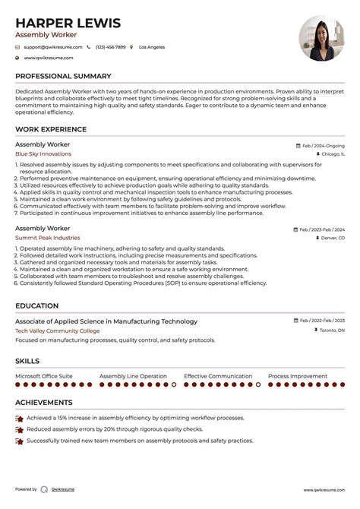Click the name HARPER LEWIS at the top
pyautogui.click(x=68, y=23)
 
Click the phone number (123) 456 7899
pyautogui.click(x=110, y=47)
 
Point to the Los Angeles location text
pyautogui.click(x=152, y=47)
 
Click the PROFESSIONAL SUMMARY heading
pyautogui.click(x=63, y=76)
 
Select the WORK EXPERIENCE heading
pyautogui.click(x=51, y=130)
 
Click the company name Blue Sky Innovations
pyautogui.click(x=43, y=153)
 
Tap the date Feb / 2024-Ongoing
pyautogui.click(x=323, y=144)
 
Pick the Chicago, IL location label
pyautogui.click(x=331, y=153)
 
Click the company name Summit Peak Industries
pyautogui.click(x=47, y=238)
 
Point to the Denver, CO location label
pyautogui.click(x=332, y=238)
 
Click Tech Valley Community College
pyautogui.click(x=57, y=330)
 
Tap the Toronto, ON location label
pyautogui.click(x=330, y=330)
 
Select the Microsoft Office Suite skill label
pyautogui.click(x=44, y=376)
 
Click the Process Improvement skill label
pyautogui.click(x=298, y=376)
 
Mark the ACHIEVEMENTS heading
pyautogui.click(x=44, y=403)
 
